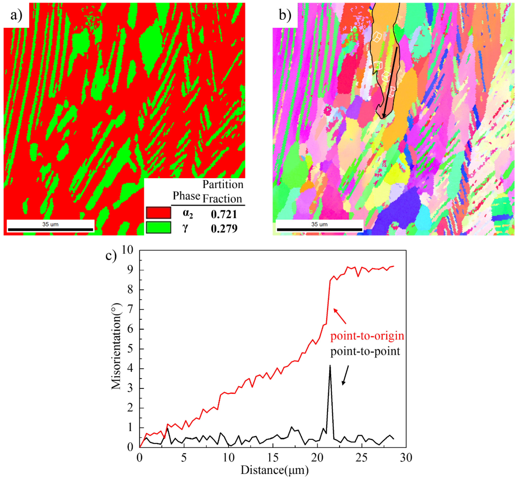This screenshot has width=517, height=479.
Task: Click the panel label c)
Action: click(111, 256)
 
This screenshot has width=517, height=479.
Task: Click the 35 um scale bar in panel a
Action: click(50, 229)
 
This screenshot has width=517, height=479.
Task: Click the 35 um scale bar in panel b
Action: click(319, 229)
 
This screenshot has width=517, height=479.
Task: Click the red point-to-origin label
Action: click(367, 336)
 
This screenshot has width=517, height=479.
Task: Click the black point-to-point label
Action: click(365, 351)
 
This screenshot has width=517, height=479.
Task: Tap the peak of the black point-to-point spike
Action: click(330, 366)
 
